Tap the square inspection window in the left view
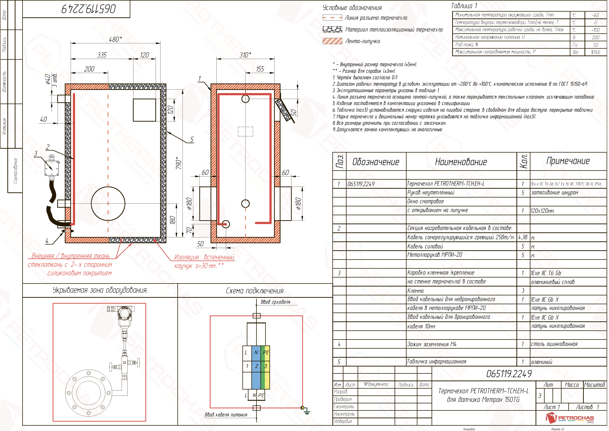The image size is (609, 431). point(144,110)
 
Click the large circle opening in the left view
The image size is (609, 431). point(108,203)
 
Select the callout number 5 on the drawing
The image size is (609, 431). point(192,140)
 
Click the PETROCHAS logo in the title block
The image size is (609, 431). point(570,418)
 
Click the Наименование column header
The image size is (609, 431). point(461,162)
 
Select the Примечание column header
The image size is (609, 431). point(568,161)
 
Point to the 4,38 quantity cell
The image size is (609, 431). point(523,237)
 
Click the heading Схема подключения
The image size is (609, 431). point(255,291)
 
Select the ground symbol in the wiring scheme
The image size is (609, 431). point(307,411)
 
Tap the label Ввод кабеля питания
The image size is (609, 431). point(226,415)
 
